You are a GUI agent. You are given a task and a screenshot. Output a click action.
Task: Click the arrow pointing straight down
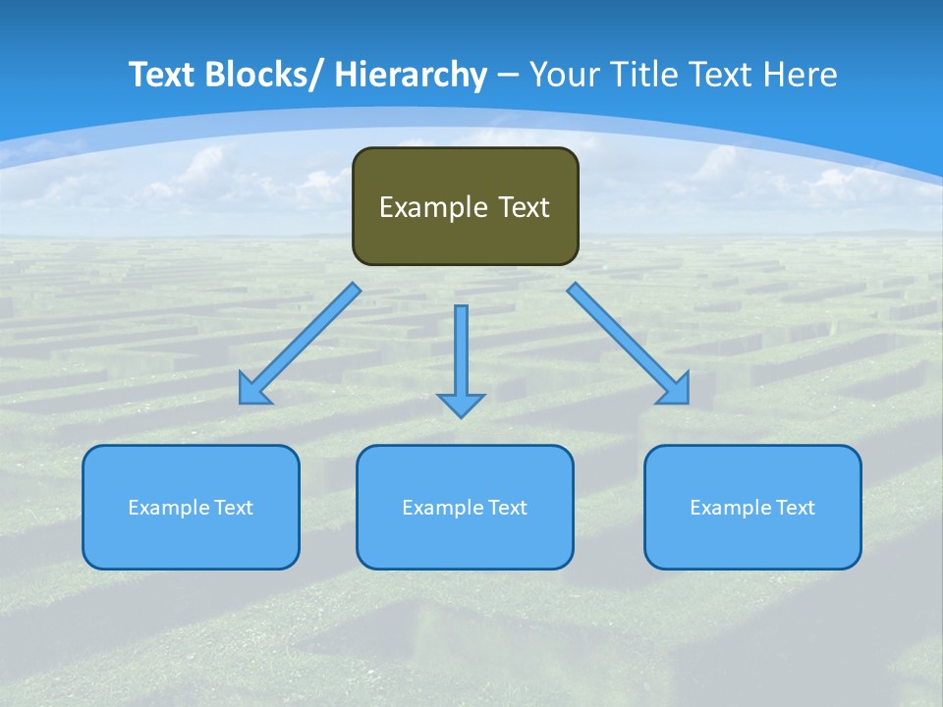pos(461,358)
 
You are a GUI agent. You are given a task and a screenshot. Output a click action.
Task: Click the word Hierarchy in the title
pos(411,75)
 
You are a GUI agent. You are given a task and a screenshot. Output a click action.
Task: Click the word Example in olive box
pos(432,207)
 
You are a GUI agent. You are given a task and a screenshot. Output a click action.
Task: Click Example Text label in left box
pos(191,508)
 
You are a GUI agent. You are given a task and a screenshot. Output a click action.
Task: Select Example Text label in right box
pos(752,508)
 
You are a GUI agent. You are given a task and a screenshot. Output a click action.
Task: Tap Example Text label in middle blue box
pos(465,508)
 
